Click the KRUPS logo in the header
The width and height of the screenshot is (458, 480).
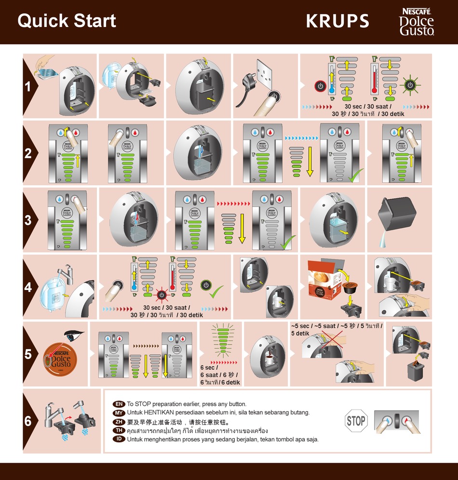(337, 21)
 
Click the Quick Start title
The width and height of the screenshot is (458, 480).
(67, 21)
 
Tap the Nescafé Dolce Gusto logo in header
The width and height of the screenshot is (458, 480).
(416, 22)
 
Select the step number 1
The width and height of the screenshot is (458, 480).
(28, 87)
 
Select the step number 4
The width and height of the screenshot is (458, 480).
(28, 287)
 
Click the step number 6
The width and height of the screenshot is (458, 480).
(28, 421)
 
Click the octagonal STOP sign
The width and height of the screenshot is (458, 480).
(356, 421)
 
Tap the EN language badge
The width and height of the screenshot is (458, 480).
(119, 404)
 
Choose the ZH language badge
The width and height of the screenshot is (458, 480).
(119, 422)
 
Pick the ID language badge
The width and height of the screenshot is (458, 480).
(119, 439)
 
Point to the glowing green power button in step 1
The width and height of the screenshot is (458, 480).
(410, 85)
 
